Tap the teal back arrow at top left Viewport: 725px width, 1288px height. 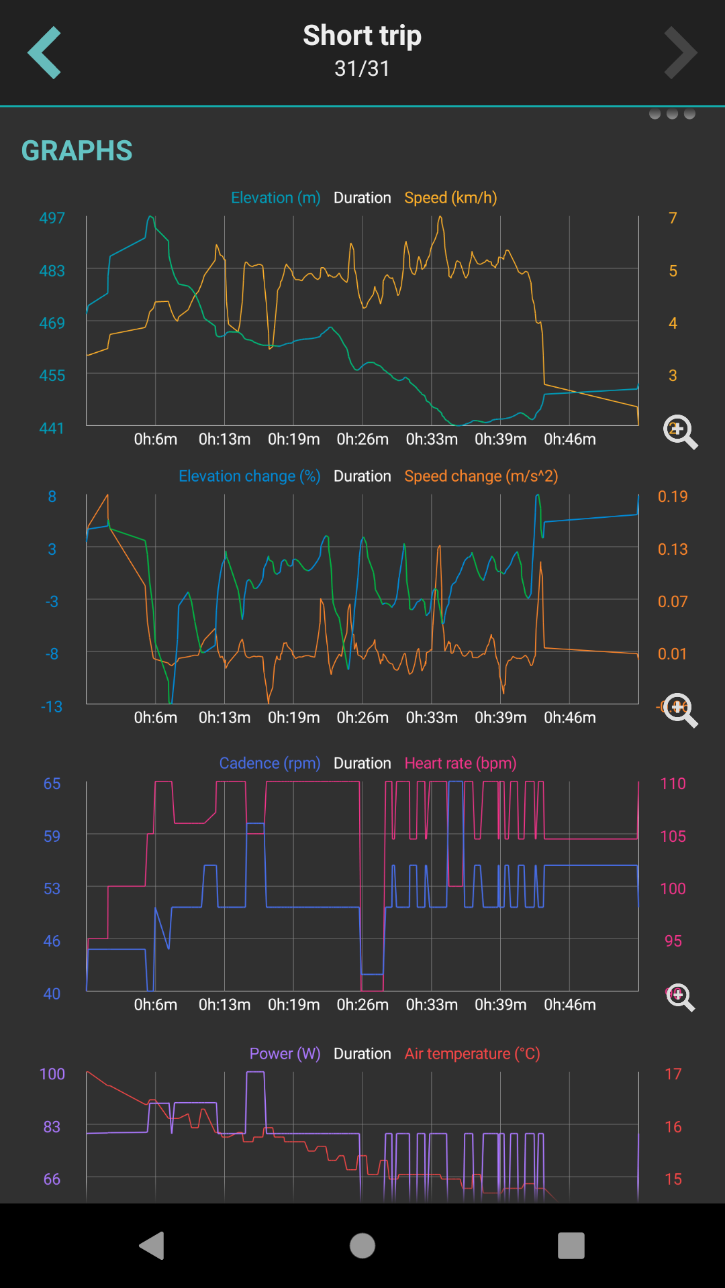[44, 53]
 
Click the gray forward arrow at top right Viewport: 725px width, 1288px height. [681, 53]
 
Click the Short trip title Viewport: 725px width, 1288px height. [362, 36]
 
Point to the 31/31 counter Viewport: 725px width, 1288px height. [362, 68]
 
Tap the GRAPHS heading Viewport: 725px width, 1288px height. [77, 151]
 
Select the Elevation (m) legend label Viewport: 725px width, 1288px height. [275, 198]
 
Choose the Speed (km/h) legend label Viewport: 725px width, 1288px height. [450, 198]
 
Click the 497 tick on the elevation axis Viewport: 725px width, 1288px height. [52, 218]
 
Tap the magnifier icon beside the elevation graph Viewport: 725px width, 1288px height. [680, 431]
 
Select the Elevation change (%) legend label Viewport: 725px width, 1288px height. [249, 476]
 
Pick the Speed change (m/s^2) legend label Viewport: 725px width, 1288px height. [481, 476]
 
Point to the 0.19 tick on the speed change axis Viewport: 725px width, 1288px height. [673, 496]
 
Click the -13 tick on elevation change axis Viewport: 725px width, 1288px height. [52, 706]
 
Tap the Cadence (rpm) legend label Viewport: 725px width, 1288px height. [269, 763]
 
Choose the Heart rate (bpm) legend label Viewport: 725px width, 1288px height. [461, 763]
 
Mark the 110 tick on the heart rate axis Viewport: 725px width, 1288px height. [673, 784]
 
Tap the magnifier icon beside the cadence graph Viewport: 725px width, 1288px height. [680, 997]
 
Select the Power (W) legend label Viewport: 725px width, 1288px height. [285, 1054]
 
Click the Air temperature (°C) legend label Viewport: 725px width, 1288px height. [472, 1054]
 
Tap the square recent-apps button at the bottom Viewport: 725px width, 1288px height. [571, 1246]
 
